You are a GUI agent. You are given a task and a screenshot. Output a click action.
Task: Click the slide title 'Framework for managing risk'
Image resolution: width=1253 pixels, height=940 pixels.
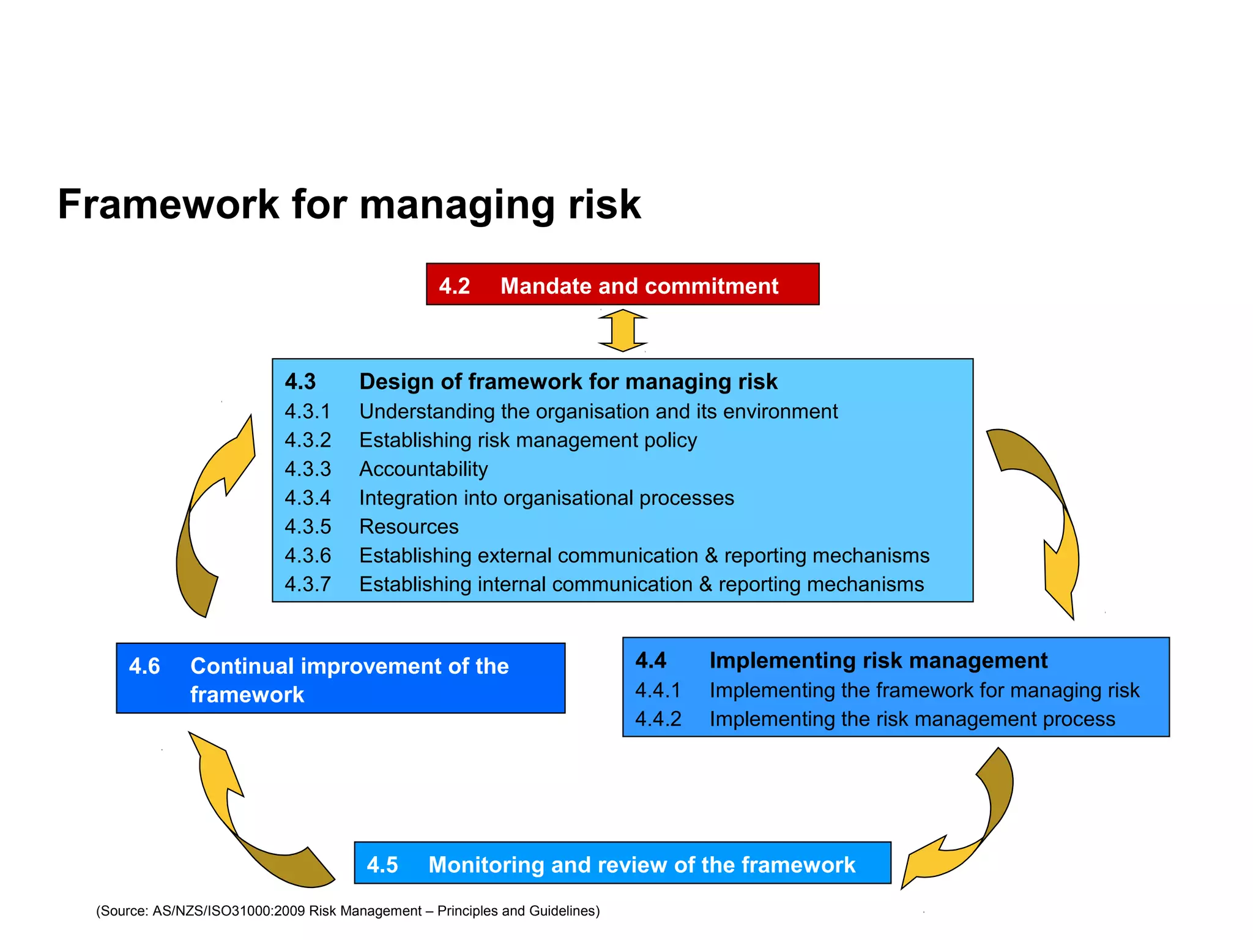(x=349, y=204)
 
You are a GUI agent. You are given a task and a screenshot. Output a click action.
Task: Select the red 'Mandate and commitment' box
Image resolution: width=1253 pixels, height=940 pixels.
(x=622, y=285)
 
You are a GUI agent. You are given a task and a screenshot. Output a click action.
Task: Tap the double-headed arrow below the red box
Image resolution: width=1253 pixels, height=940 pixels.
(x=622, y=330)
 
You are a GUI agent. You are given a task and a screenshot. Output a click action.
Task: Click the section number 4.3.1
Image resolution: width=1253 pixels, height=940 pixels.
(x=307, y=411)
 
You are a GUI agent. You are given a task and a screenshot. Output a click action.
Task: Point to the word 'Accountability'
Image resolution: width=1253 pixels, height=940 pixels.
(x=423, y=469)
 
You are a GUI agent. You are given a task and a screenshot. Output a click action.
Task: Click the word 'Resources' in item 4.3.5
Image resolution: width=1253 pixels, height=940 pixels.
(x=409, y=526)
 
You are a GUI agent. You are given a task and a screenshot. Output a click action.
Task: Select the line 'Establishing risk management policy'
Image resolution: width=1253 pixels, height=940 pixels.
(x=528, y=440)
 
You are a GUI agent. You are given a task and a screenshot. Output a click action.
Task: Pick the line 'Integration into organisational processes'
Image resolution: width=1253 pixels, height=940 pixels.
(x=546, y=498)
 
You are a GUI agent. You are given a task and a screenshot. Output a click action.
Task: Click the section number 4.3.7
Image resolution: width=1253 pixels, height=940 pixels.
(x=307, y=584)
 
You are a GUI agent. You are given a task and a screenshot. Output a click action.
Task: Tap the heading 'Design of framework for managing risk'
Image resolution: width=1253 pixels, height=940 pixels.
(x=568, y=381)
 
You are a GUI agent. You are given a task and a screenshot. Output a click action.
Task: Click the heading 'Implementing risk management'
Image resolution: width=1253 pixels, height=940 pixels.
(x=878, y=660)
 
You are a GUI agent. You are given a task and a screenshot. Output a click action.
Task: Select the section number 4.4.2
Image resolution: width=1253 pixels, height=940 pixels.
(x=658, y=718)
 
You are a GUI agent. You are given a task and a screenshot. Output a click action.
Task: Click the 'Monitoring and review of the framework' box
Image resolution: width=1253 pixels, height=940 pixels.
(x=622, y=863)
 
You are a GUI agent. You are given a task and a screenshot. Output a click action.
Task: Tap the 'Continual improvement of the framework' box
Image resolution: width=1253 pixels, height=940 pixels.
(x=340, y=678)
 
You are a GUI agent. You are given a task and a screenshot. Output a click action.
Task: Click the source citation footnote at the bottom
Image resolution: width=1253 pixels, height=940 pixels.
(x=348, y=911)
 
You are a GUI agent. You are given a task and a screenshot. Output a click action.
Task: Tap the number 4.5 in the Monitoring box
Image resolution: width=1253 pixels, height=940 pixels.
(x=382, y=865)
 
